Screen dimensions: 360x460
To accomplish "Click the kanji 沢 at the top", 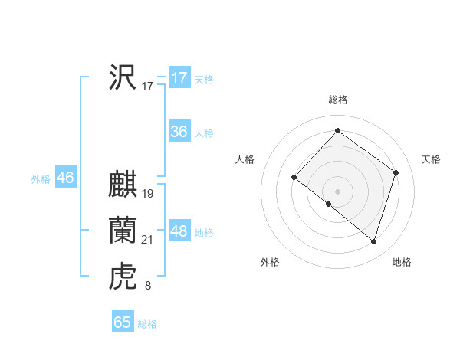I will [x=123, y=77].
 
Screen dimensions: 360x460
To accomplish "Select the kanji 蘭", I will [x=123, y=231].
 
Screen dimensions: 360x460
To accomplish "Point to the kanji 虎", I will [x=123, y=277].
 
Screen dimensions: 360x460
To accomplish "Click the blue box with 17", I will [x=179, y=78].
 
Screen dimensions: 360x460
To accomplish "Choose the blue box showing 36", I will [x=179, y=132].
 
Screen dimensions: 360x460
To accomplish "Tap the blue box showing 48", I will [x=179, y=231].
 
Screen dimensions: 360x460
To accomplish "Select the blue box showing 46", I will [x=65, y=178].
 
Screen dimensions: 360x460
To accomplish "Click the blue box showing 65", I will [x=122, y=322].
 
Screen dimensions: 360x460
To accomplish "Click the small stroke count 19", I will [x=148, y=194].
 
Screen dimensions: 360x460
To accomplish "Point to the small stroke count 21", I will [x=148, y=240].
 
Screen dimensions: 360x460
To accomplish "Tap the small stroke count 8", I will [x=147, y=286].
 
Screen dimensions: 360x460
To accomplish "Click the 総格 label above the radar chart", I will [x=337, y=99].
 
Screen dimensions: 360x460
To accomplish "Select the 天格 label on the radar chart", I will [x=432, y=159].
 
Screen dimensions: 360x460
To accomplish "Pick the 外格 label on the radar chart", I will [x=270, y=262].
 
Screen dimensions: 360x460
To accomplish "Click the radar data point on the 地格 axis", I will [x=374, y=242].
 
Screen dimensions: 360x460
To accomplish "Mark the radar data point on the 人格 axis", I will [x=294, y=178].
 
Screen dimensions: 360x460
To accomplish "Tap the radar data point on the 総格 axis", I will [x=337, y=130].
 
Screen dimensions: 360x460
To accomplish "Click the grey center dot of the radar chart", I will [x=337, y=191].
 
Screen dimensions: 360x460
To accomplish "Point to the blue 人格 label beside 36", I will [x=204, y=133].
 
